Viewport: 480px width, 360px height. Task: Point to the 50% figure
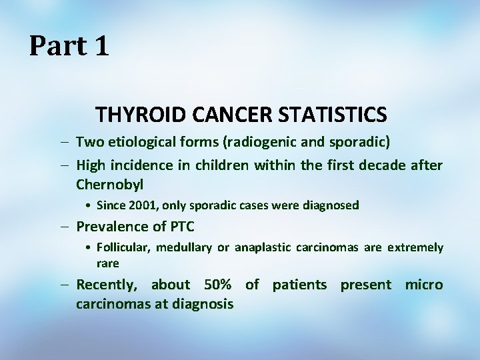click(x=218, y=285)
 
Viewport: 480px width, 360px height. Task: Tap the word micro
click(x=424, y=285)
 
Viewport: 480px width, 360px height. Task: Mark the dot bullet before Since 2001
click(x=89, y=205)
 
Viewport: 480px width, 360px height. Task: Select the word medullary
click(x=186, y=247)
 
